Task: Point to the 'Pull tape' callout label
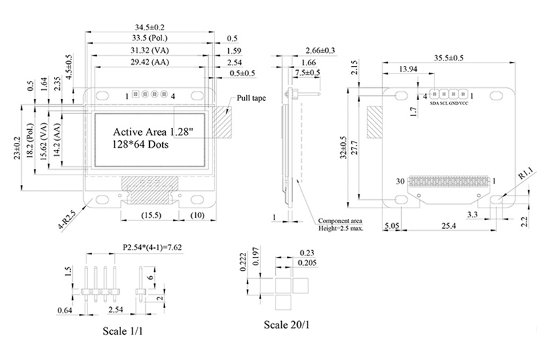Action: point(251,98)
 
